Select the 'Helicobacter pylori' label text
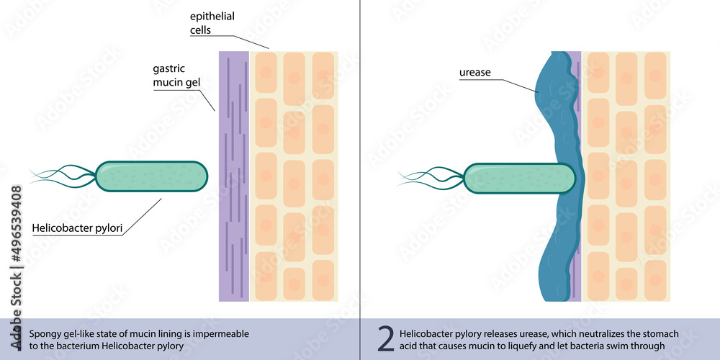(x=77, y=229)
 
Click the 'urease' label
(x=475, y=73)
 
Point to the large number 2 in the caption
(x=386, y=338)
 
